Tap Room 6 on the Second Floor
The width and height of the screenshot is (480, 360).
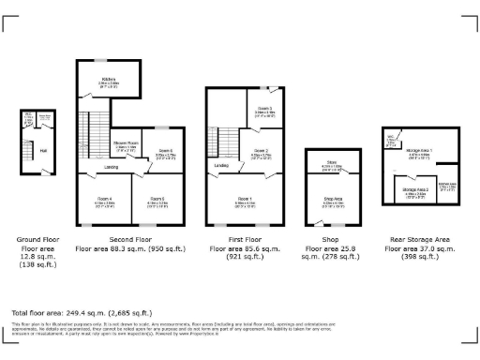(164, 153)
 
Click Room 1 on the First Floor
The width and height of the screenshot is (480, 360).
(245, 199)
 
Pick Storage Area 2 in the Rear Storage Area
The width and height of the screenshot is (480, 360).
(415, 190)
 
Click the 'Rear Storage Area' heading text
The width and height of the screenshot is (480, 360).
(418, 239)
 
